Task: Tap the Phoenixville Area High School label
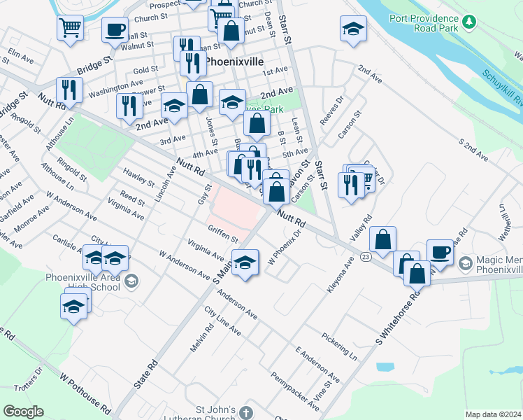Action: click(x=83, y=281)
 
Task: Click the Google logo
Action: click(x=23, y=412)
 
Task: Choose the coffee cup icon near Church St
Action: click(x=115, y=29)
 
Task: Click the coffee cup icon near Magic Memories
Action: click(x=440, y=251)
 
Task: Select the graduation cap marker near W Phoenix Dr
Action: click(x=245, y=263)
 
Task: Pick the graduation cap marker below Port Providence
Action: click(x=354, y=29)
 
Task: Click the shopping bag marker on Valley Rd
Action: click(x=383, y=239)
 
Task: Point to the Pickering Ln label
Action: click(x=339, y=346)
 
